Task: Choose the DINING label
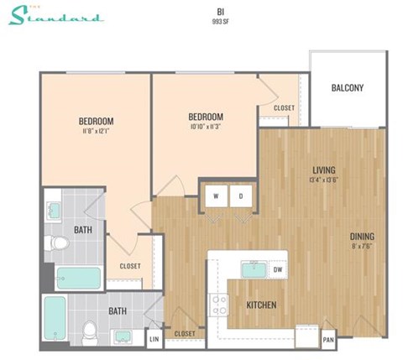coord(363,236)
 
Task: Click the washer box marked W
coord(217,197)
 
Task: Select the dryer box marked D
coord(241,197)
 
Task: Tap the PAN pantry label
coord(329,339)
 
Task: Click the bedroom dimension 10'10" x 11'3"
coord(205,128)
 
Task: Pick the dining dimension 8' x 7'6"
coord(363,246)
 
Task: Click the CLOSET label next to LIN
coord(185,333)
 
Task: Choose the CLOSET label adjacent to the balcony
coord(284,107)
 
